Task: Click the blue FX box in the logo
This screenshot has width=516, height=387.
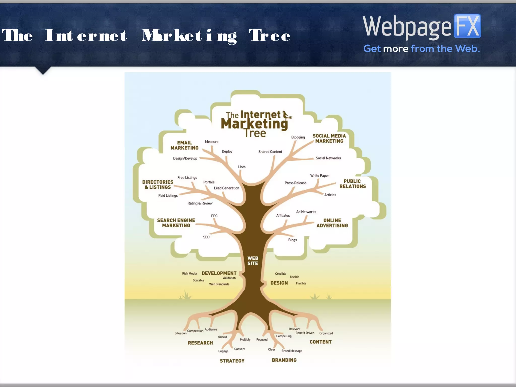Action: click(x=467, y=26)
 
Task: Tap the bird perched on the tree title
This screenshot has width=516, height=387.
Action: click(x=286, y=115)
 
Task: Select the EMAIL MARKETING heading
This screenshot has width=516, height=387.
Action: click(x=184, y=145)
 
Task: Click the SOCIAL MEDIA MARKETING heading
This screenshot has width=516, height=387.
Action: click(x=329, y=138)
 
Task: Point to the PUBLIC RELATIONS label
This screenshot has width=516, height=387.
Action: click(x=352, y=184)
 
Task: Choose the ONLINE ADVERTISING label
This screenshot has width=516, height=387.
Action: click(x=332, y=223)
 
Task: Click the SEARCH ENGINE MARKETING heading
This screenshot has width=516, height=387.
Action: click(x=176, y=223)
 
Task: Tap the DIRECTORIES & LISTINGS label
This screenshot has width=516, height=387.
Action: click(x=158, y=184)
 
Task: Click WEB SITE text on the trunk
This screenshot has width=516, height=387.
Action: click(x=253, y=261)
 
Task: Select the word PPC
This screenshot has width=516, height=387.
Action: click(x=214, y=216)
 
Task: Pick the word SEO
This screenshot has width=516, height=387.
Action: click(x=206, y=237)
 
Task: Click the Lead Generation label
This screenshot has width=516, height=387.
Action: click(x=227, y=188)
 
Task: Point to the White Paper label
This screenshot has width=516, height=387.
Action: click(x=319, y=176)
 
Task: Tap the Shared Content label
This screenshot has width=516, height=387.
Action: click(x=270, y=152)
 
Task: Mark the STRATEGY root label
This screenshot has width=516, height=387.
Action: click(x=232, y=361)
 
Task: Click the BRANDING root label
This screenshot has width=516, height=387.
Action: click(x=284, y=360)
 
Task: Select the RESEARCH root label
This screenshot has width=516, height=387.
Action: click(x=200, y=343)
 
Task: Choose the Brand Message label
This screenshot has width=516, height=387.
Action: click(x=292, y=351)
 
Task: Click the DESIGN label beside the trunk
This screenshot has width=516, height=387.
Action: click(x=279, y=283)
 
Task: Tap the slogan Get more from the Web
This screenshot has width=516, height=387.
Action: click(x=422, y=48)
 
